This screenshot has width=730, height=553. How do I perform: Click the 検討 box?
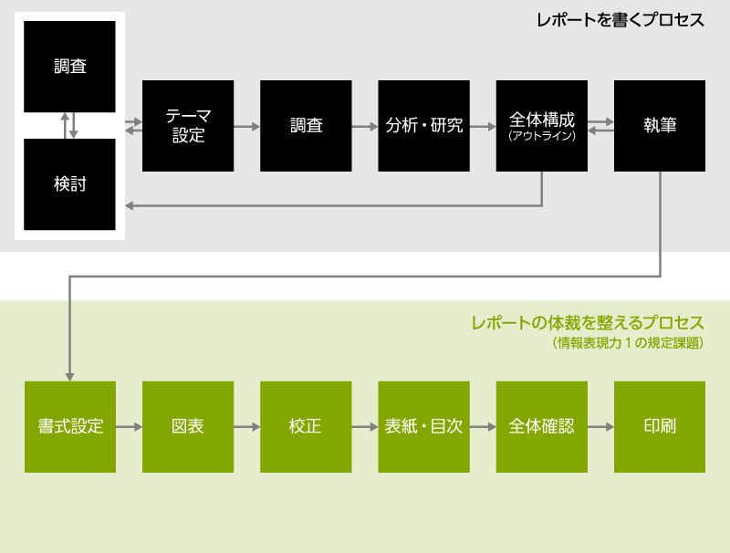click(70, 183)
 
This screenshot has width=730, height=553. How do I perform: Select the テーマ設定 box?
click(188, 126)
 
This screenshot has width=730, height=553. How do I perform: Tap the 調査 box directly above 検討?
click(70, 67)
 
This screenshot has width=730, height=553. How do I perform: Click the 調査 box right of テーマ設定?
click(306, 126)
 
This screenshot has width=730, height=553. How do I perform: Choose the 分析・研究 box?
click(423, 126)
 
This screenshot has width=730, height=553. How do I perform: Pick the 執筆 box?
click(659, 126)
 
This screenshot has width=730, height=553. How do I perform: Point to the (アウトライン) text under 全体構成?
click(542, 137)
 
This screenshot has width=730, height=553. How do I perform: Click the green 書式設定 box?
click(70, 426)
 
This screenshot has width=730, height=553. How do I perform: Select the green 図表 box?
click(188, 426)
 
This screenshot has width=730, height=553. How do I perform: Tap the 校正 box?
click(306, 426)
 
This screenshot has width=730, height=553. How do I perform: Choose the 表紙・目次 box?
click(423, 426)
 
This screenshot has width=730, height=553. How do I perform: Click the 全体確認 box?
click(542, 426)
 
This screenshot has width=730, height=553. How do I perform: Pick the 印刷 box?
click(659, 426)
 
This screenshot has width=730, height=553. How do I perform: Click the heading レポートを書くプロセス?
click(620, 20)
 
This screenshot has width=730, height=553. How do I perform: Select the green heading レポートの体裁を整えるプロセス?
click(588, 323)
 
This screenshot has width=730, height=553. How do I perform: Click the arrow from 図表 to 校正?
click(246, 426)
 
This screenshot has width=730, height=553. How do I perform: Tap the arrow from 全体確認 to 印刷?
click(600, 426)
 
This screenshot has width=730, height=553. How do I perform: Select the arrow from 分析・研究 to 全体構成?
click(483, 126)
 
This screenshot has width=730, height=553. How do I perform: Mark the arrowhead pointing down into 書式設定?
click(69, 375)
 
